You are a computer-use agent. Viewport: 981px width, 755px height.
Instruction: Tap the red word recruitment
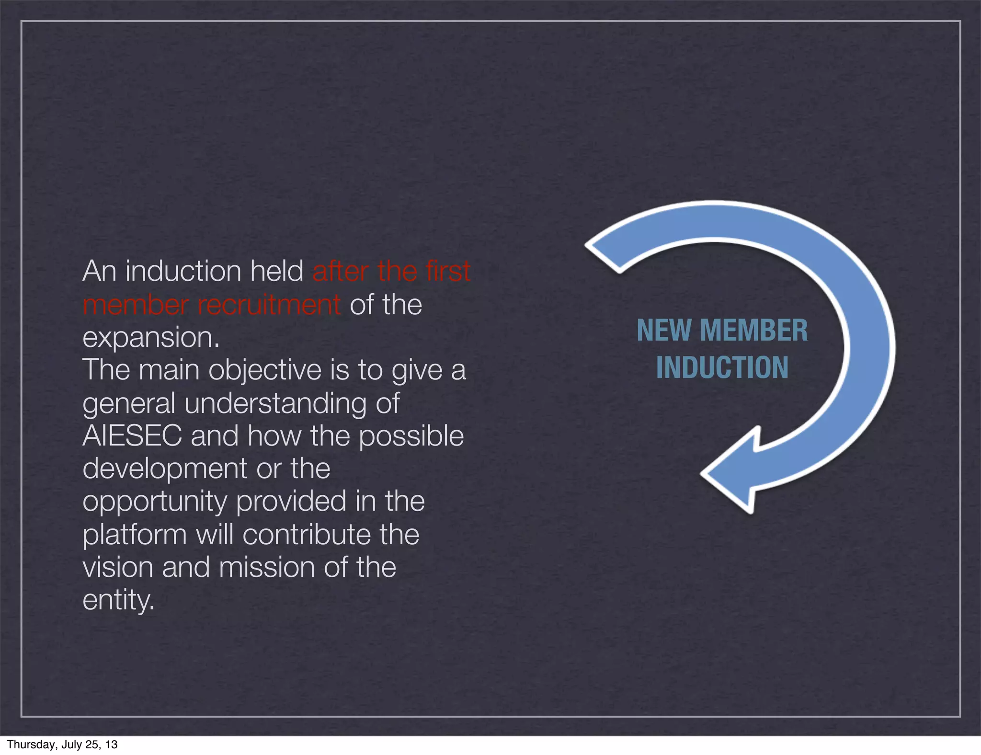click(269, 305)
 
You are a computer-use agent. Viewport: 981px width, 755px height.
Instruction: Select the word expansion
click(150, 337)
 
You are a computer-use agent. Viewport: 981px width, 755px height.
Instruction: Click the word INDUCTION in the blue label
click(722, 368)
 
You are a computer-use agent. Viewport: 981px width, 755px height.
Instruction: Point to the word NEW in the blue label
click(664, 331)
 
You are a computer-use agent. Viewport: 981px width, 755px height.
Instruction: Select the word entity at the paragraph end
click(118, 600)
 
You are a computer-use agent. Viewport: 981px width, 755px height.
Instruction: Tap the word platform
click(135, 535)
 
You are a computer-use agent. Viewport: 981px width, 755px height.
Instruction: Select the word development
click(165, 469)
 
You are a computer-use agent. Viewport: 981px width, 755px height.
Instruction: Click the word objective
click(265, 371)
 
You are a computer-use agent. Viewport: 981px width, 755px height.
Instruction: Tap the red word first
click(448, 271)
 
